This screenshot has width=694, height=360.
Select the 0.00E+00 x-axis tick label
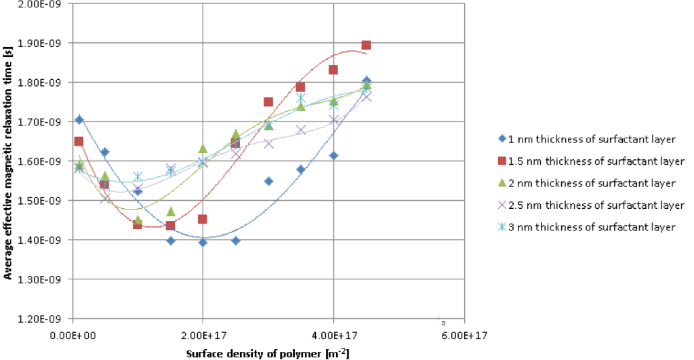coord(73,335)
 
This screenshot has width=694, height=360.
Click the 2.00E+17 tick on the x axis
coord(203,335)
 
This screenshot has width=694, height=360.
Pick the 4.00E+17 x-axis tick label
coord(333,335)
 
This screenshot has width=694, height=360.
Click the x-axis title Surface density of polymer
coord(268,353)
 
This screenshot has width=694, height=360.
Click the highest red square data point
coord(366,45)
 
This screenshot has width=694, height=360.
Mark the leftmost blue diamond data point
coord(79,120)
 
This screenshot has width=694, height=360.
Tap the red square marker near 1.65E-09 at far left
coord(79,142)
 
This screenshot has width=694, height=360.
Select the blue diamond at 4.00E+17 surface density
coord(333,156)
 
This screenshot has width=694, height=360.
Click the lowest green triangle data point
coord(138,220)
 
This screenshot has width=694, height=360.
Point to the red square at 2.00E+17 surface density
coord(203,219)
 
